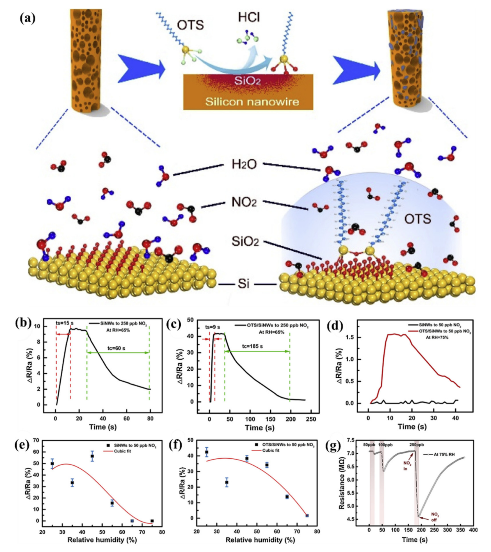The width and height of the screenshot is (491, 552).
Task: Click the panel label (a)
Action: [x=28, y=18]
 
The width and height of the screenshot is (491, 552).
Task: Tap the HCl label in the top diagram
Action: [x=249, y=17]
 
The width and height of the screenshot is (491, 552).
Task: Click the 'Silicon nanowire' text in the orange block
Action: [x=252, y=102]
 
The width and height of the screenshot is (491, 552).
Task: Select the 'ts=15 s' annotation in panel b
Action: [x=65, y=323]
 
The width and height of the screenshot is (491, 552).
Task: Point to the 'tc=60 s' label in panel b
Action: [x=114, y=348]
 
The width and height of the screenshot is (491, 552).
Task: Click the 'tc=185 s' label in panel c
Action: [x=252, y=346]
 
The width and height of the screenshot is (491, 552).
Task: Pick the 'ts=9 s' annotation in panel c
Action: [x=213, y=327]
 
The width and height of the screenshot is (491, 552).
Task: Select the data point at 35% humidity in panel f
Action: [x=227, y=482]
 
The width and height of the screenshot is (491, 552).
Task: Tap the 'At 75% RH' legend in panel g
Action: [x=446, y=454]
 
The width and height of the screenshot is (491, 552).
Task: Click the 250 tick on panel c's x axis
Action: [x=310, y=419]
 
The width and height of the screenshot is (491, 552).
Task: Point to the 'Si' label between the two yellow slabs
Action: [x=244, y=284]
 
